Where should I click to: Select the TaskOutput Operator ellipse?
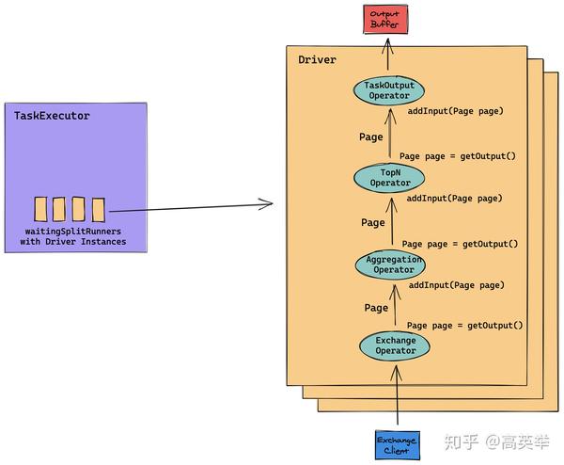tap(389, 91)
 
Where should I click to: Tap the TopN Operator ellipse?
tap(389, 177)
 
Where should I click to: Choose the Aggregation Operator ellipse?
tap(390, 265)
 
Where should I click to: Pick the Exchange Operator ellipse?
tap(395, 345)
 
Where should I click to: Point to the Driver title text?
tap(317, 60)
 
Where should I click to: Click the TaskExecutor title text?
tap(52, 116)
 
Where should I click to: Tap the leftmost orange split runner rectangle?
tap(40, 209)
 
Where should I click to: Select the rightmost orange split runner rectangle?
tap(98, 209)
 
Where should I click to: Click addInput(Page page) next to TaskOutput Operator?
tap(456, 111)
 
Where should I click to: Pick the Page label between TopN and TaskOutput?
tap(371, 136)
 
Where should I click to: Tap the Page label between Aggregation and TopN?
tap(373, 223)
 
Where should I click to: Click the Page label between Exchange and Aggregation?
tap(376, 308)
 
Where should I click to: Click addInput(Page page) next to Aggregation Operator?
tap(457, 284)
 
